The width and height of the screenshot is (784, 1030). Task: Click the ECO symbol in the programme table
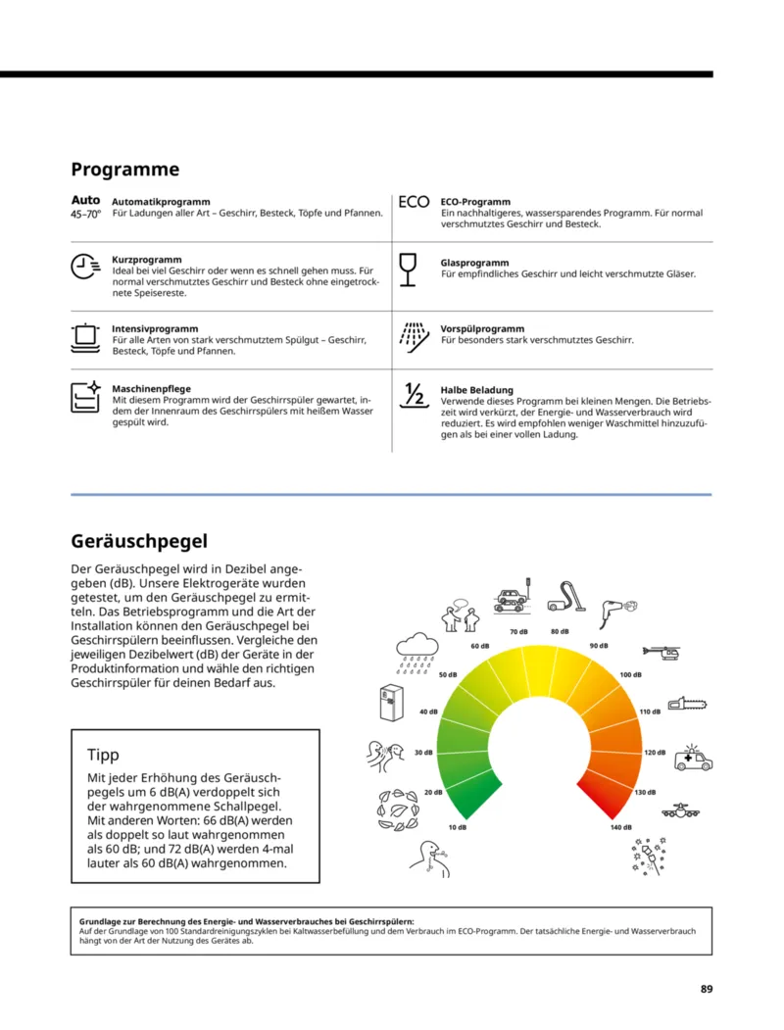(x=414, y=203)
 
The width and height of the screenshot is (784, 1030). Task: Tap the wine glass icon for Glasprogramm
(x=409, y=269)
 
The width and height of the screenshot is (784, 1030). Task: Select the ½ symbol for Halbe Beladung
(x=414, y=394)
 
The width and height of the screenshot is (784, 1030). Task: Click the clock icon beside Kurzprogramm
(x=85, y=266)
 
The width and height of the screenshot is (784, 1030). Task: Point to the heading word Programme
(x=125, y=169)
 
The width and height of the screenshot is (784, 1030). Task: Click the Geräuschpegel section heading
(x=139, y=540)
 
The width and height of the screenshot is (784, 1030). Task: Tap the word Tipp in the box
(x=103, y=755)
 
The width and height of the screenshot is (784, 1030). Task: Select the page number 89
(x=706, y=988)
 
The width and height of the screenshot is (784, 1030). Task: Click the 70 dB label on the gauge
(x=518, y=631)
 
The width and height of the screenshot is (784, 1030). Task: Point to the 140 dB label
(x=620, y=828)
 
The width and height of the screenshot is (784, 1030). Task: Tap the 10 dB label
(x=457, y=828)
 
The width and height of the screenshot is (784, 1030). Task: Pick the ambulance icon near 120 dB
(x=693, y=759)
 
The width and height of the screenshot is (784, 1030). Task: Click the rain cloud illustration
(x=417, y=649)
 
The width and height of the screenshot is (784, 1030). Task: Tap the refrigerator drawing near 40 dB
(x=392, y=703)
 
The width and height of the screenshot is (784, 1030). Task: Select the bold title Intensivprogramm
(x=155, y=329)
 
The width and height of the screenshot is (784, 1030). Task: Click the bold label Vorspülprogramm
(x=482, y=329)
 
